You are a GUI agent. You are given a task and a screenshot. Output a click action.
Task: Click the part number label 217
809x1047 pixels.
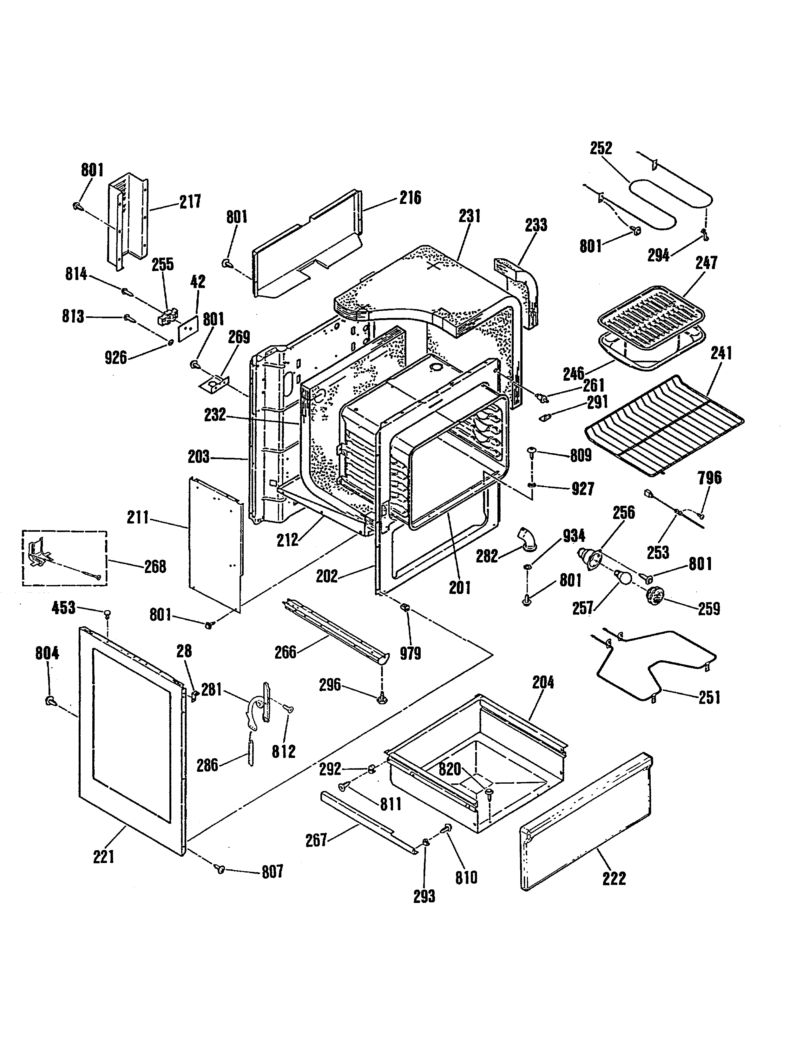(x=190, y=202)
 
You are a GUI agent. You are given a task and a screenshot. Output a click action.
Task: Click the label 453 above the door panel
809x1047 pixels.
(x=64, y=608)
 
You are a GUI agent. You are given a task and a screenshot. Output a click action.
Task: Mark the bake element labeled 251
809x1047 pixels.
(x=654, y=666)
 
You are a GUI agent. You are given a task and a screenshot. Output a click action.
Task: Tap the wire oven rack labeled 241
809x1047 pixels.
(x=664, y=425)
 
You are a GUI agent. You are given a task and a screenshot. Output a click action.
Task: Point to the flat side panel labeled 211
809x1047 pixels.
(x=216, y=544)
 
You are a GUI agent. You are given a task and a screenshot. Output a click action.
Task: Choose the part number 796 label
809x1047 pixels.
(x=710, y=477)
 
